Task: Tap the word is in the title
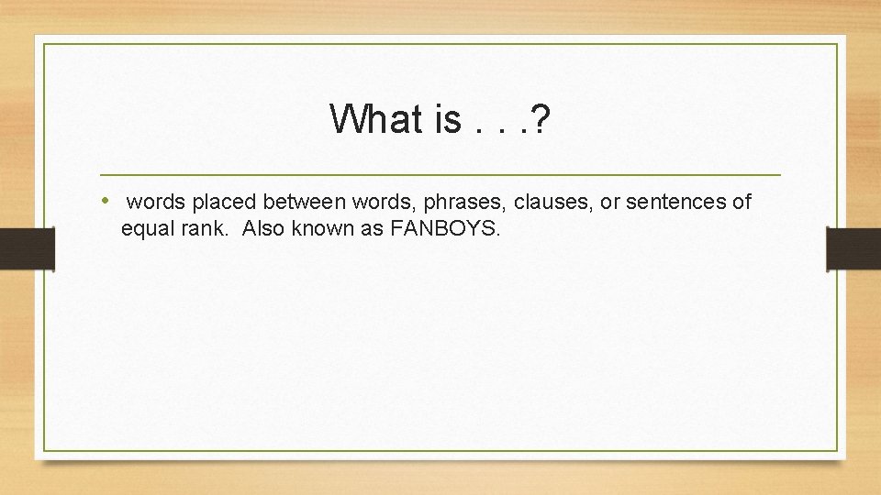coord(442,119)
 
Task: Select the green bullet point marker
coord(106,201)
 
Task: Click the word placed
coord(225,202)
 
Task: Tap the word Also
coord(264,229)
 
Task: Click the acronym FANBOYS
coord(445,229)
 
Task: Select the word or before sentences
coord(610,202)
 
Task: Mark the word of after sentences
coord(742,202)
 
